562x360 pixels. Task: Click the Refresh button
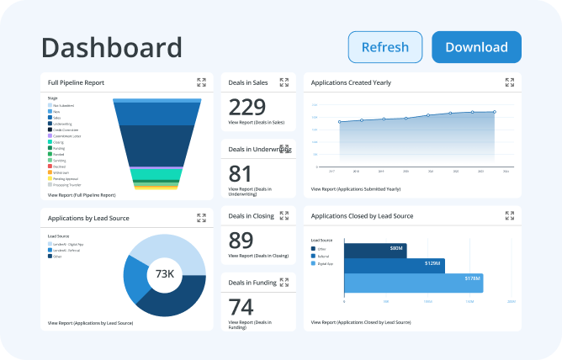click(385, 47)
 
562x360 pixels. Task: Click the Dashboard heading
click(111, 47)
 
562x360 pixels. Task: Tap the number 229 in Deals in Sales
click(247, 107)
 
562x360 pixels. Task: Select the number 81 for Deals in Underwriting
click(241, 173)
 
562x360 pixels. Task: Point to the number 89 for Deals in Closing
click(241, 240)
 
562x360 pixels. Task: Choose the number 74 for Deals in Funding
click(241, 306)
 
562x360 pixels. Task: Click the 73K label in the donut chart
click(164, 275)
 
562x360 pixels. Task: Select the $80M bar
click(374, 249)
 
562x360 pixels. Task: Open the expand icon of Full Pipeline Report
click(201, 82)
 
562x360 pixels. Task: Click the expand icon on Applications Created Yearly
click(509, 82)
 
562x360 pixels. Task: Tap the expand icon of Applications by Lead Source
click(201, 217)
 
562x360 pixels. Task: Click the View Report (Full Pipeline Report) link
click(82, 194)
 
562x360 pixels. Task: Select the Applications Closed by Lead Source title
click(362, 216)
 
